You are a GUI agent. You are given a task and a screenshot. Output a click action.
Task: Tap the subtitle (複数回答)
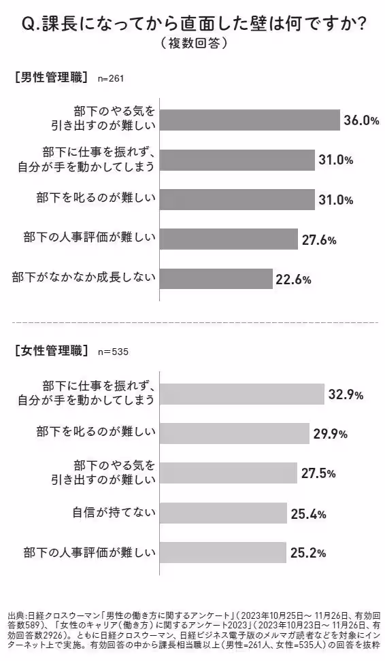tap(192, 44)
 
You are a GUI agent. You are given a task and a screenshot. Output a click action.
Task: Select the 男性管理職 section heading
tap(51, 77)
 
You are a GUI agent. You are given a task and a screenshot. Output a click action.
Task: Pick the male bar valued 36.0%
tap(249, 120)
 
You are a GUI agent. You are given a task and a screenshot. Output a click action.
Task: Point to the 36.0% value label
tap(361, 120)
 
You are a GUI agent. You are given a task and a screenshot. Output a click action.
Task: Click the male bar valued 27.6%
tap(229, 239)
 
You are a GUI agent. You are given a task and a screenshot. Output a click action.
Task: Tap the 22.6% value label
tap(293, 279)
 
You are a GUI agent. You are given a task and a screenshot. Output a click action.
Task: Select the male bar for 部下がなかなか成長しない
tap(216, 278)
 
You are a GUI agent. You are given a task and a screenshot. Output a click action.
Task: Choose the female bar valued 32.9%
tap(241, 394)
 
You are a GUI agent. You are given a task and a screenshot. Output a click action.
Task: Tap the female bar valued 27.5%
tap(229, 473)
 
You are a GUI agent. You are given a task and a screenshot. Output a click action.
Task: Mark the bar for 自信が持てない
tap(222, 512)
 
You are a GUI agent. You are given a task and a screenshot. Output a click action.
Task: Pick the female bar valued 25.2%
tap(222, 552)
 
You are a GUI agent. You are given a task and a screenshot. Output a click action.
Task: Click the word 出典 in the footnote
tap(15, 612)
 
